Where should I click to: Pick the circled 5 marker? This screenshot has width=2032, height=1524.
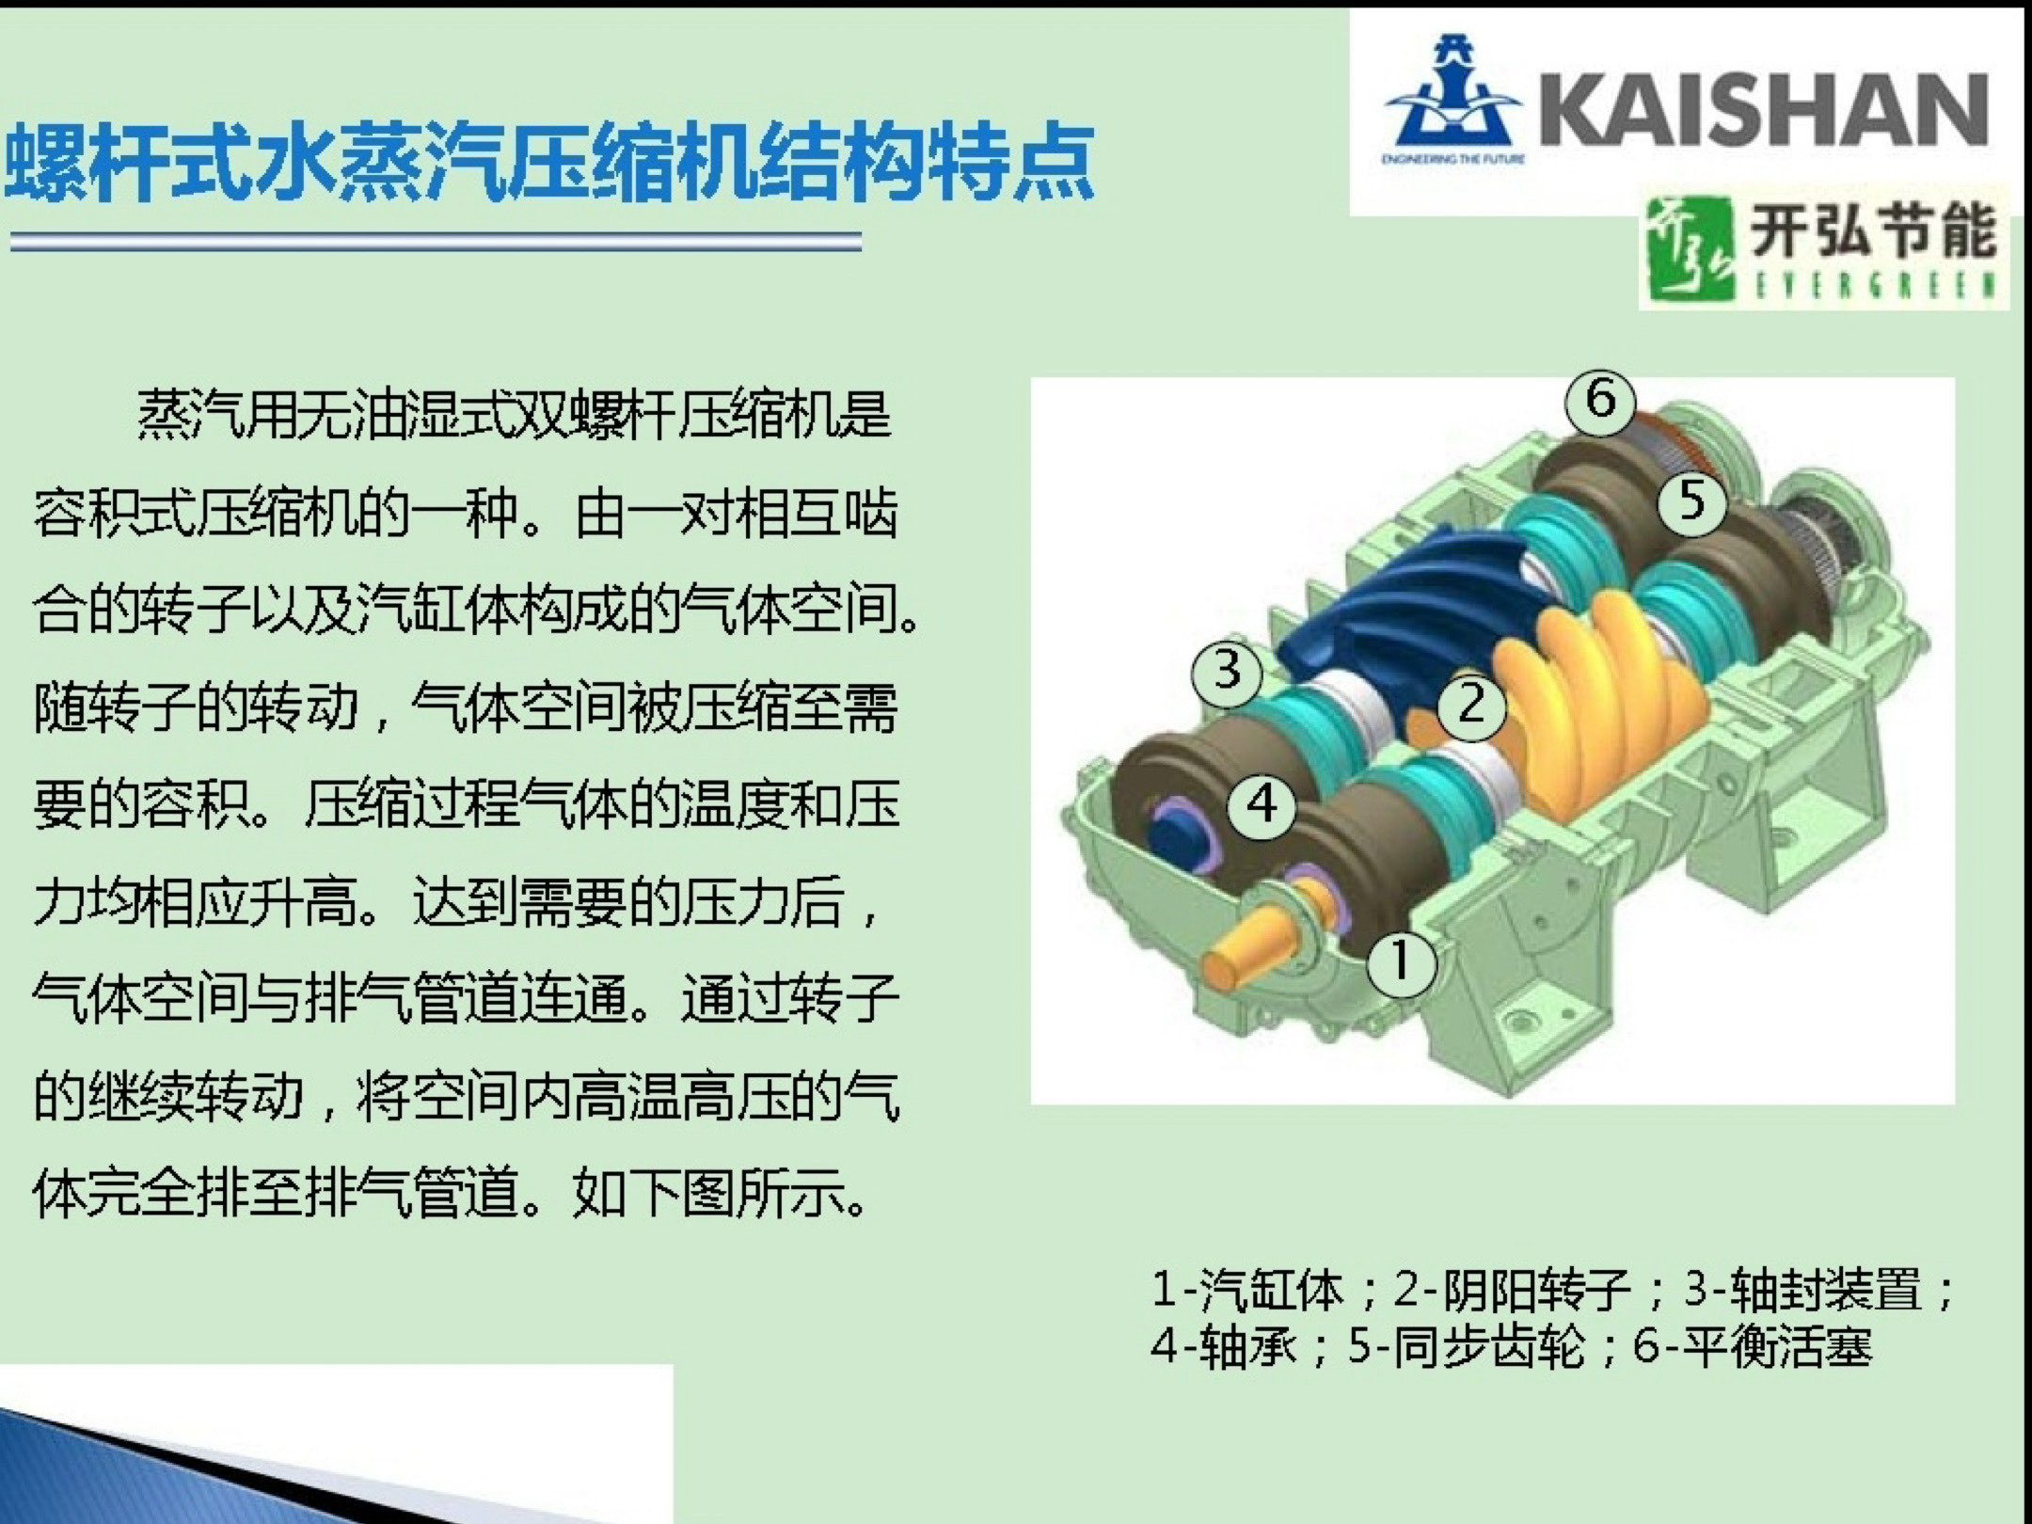1691,500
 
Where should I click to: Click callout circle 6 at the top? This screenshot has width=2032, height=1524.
1600,400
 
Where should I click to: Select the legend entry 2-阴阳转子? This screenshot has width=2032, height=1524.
1511,1290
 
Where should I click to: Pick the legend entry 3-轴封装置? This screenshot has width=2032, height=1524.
1802,1290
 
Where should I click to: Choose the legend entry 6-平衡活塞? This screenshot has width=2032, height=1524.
1753,1348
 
